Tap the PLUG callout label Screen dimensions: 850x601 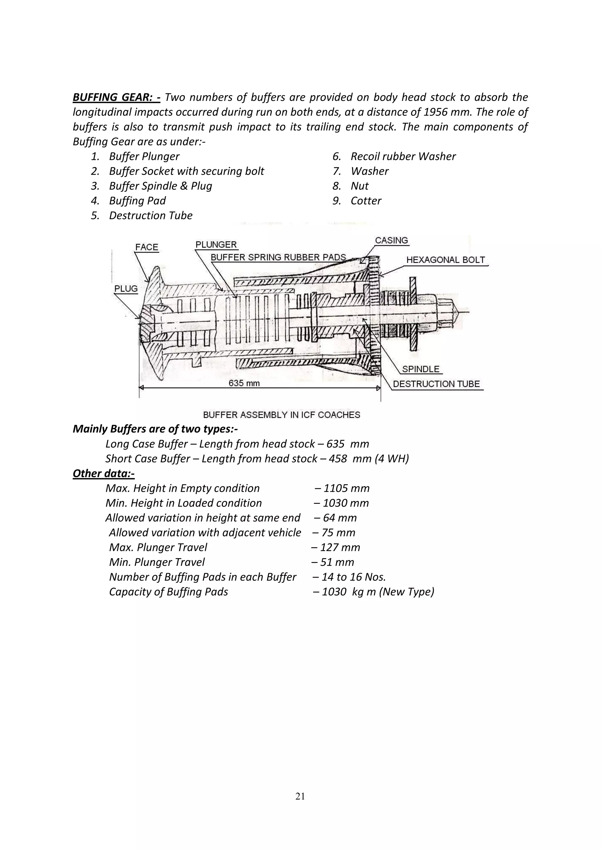[x=126, y=289]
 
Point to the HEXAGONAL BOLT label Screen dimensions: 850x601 [x=445, y=260]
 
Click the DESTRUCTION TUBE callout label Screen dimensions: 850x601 [x=436, y=384]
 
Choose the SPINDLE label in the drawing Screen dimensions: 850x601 [x=421, y=369]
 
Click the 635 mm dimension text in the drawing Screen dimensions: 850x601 [x=244, y=383]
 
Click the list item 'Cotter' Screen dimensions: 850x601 [x=366, y=201]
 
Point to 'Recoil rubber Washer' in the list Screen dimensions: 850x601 [x=403, y=156]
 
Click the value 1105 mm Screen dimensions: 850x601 [x=346, y=488]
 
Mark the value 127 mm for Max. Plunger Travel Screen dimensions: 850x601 [x=340, y=547]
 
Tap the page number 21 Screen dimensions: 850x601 [x=300, y=796]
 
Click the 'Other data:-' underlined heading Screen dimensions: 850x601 [x=104, y=474]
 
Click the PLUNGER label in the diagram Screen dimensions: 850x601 [x=216, y=245]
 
